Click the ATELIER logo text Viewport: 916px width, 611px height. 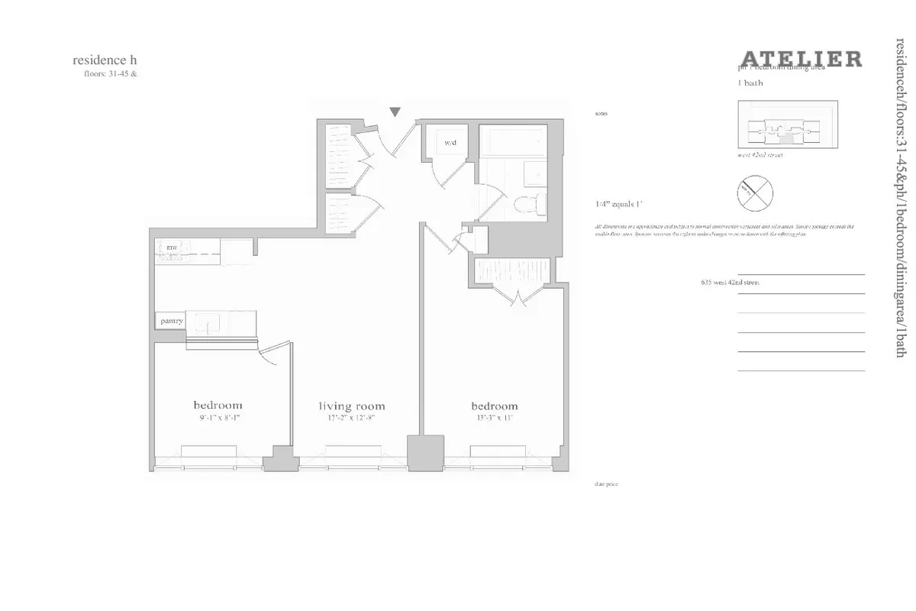801,59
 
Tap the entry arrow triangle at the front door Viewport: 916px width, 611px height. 395,112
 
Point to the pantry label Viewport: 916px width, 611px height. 172,322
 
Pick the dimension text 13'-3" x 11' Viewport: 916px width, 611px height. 494,419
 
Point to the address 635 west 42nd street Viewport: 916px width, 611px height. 730,283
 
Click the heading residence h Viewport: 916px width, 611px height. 105,60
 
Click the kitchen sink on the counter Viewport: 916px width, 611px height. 205,322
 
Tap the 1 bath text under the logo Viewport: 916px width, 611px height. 751,82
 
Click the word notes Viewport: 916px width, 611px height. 601,113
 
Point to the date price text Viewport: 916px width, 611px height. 606,484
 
